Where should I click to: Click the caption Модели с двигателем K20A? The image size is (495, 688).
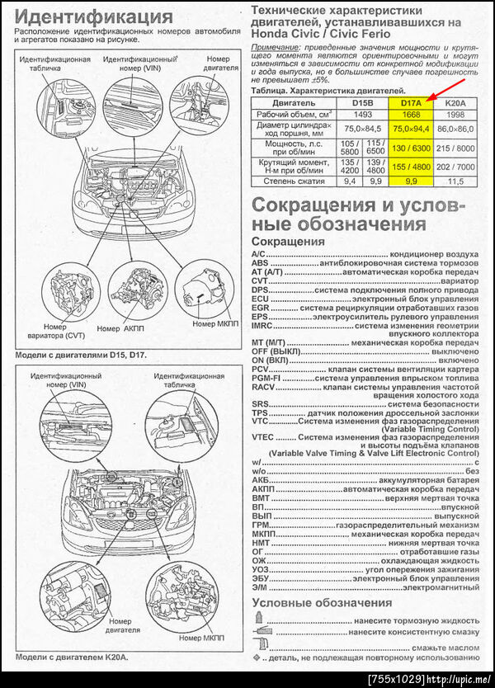pyautogui.click(x=73, y=657)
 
